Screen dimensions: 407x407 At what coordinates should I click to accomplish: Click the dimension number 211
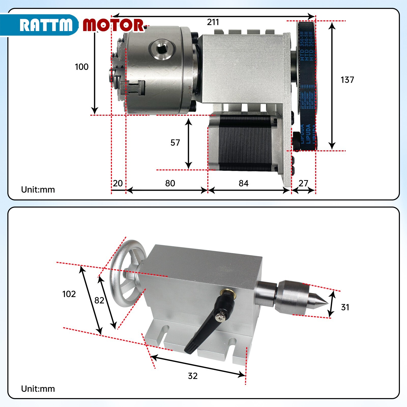(x=213, y=22)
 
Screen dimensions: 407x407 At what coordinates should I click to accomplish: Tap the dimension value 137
(x=347, y=80)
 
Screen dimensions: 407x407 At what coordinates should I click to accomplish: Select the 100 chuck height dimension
(x=81, y=67)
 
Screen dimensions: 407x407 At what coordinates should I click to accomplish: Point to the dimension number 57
(x=175, y=143)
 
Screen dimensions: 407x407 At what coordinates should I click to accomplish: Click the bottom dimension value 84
(x=243, y=183)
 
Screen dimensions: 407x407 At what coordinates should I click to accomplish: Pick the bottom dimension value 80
(x=170, y=183)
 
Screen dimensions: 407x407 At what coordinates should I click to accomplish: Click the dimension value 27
(x=303, y=183)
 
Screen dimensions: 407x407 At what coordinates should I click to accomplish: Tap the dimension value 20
(x=118, y=183)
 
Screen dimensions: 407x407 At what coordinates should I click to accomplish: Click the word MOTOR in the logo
(x=113, y=25)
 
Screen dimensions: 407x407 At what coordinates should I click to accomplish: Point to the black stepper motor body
(x=244, y=142)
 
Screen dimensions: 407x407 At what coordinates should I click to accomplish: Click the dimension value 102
(x=69, y=294)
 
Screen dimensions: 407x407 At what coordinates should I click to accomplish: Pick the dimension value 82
(x=99, y=300)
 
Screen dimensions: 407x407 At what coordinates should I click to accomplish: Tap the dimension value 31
(x=345, y=307)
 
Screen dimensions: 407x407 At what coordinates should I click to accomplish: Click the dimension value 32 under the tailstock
(x=193, y=376)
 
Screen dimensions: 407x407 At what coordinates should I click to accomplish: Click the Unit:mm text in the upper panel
(x=38, y=190)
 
